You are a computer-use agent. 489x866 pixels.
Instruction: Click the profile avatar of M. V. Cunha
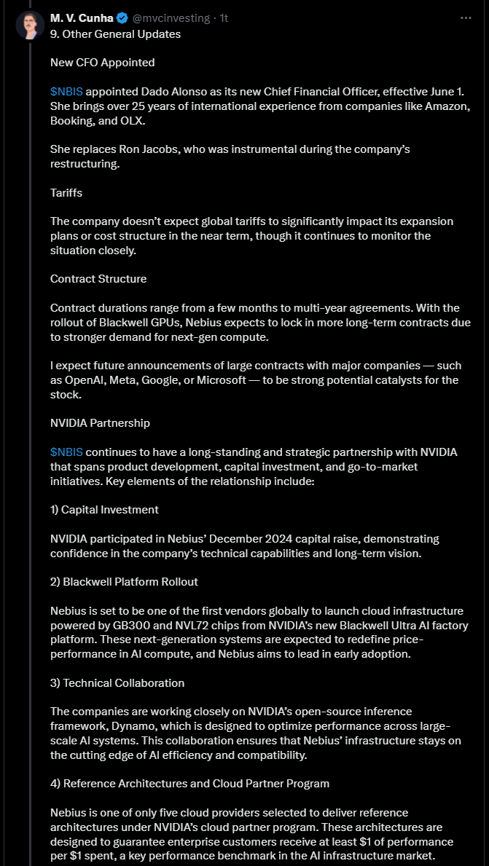(x=30, y=26)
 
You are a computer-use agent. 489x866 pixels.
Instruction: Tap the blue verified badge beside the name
(x=122, y=18)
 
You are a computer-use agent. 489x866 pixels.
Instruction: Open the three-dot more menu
(x=466, y=18)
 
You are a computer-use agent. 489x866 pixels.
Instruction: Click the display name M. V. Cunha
(x=82, y=18)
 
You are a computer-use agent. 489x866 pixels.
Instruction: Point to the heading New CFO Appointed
(x=102, y=63)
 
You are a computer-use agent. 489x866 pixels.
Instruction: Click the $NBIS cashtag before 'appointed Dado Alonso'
(x=66, y=92)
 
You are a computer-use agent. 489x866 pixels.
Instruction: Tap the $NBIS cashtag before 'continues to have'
(x=66, y=452)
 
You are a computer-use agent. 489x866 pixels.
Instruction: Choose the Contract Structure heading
(x=98, y=279)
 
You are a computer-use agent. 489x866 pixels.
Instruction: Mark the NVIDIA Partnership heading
(x=100, y=423)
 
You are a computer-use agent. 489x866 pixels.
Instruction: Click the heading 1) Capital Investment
(x=104, y=510)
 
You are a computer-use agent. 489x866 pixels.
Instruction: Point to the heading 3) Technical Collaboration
(x=117, y=683)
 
